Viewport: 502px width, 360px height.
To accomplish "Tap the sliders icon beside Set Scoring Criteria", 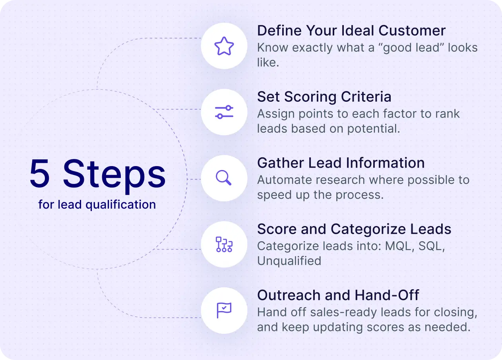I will pos(224,112).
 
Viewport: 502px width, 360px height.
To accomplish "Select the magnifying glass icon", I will pos(224,178).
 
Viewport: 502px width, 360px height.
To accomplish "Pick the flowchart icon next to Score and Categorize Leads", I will pos(224,244).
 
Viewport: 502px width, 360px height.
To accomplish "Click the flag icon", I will pos(224,310).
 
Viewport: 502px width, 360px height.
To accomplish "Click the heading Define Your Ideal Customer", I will pos(351,31).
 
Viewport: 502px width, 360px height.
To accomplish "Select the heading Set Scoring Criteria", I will pos(324,97).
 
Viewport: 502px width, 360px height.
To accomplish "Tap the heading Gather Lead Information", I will pos(341,163).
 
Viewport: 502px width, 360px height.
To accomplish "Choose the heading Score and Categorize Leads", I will pos(354,229).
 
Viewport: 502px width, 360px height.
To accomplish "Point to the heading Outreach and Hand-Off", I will pos(338,295).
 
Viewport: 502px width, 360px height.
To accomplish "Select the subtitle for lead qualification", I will pos(97,205).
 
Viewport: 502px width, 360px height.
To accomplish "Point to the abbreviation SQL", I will pos(431,246).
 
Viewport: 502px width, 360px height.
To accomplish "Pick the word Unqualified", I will pos(289,261).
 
